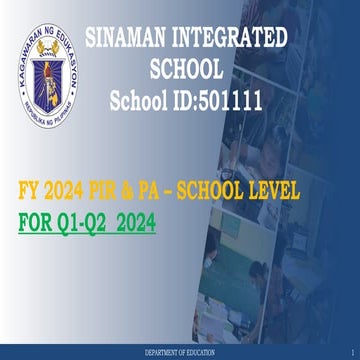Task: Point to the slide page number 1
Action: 353,354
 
